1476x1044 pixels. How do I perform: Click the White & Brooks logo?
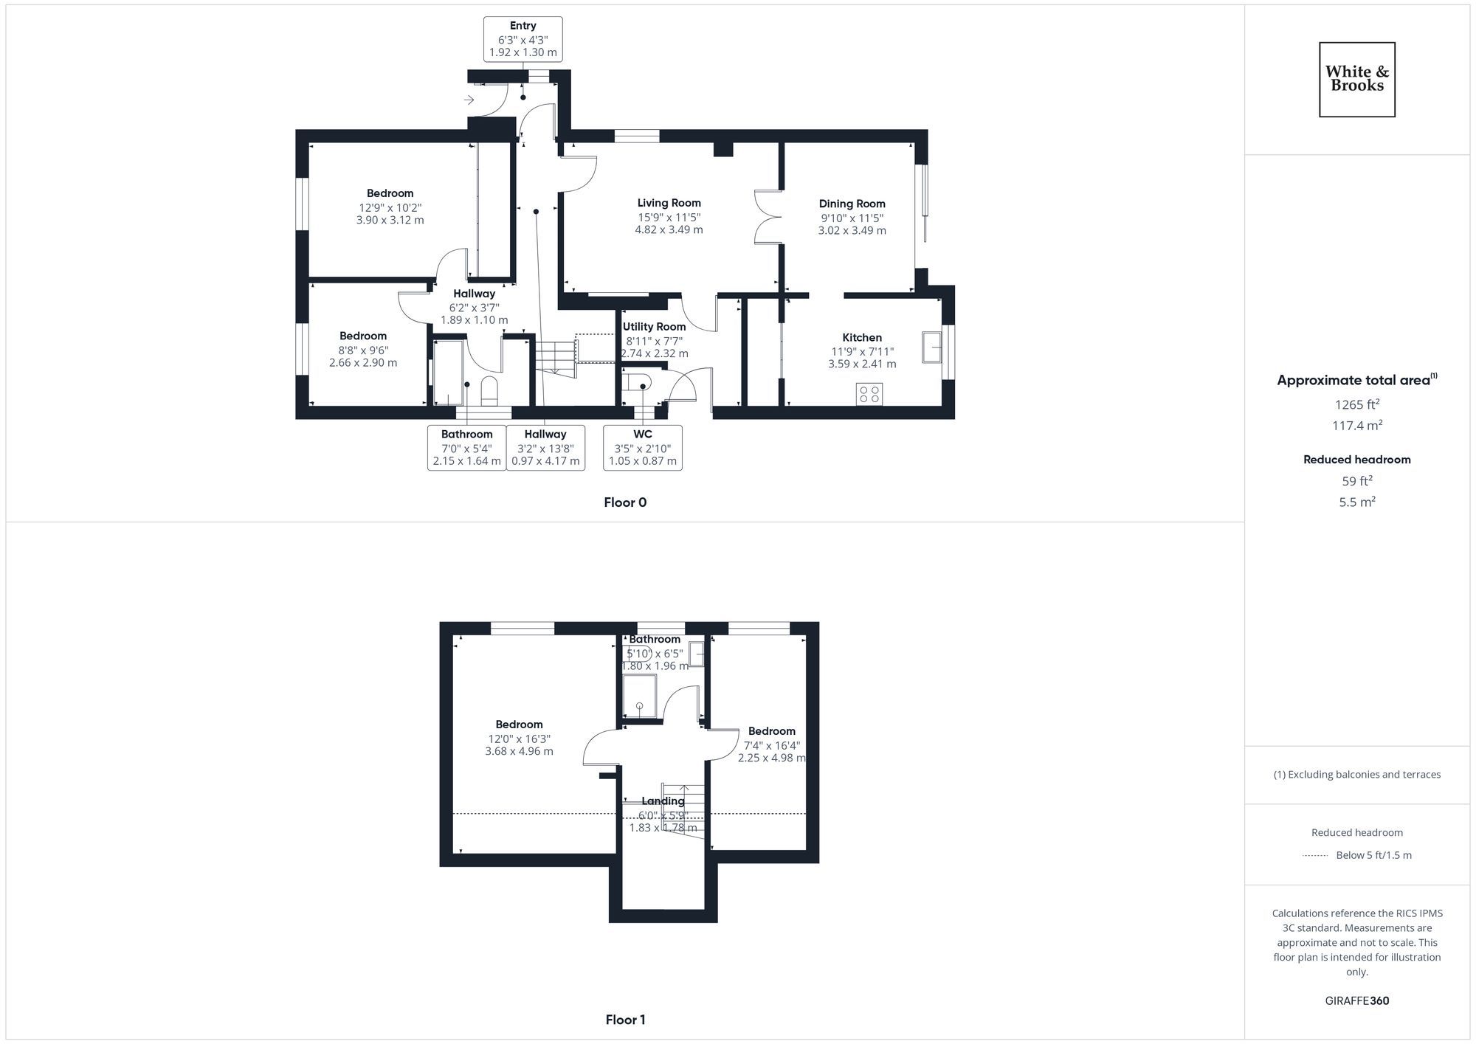click(1356, 79)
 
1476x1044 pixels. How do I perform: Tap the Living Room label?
click(669, 203)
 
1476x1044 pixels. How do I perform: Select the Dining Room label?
click(852, 204)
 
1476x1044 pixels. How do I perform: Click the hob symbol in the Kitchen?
click(869, 394)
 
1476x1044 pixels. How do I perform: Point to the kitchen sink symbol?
click(931, 348)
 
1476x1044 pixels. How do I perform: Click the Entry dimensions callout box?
click(523, 39)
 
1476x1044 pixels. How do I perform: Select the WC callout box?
click(642, 447)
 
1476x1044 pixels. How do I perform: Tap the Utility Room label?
click(654, 327)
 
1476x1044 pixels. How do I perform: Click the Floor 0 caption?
click(624, 502)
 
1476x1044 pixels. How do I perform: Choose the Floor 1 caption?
click(625, 1020)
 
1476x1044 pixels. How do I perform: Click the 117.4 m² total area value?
click(1356, 426)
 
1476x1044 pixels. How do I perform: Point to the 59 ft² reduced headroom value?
click(1356, 481)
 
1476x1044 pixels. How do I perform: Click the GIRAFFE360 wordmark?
click(1356, 1001)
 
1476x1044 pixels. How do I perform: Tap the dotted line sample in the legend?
click(1315, 856)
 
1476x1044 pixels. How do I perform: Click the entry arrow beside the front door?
click(469, 100)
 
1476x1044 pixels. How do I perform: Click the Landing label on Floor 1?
click(663, 801)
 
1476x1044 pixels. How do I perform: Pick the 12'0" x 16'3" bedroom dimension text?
click(519, 739)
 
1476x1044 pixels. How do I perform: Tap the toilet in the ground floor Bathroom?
click(489, 391)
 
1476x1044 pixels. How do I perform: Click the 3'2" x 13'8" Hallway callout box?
click(545, 447)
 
